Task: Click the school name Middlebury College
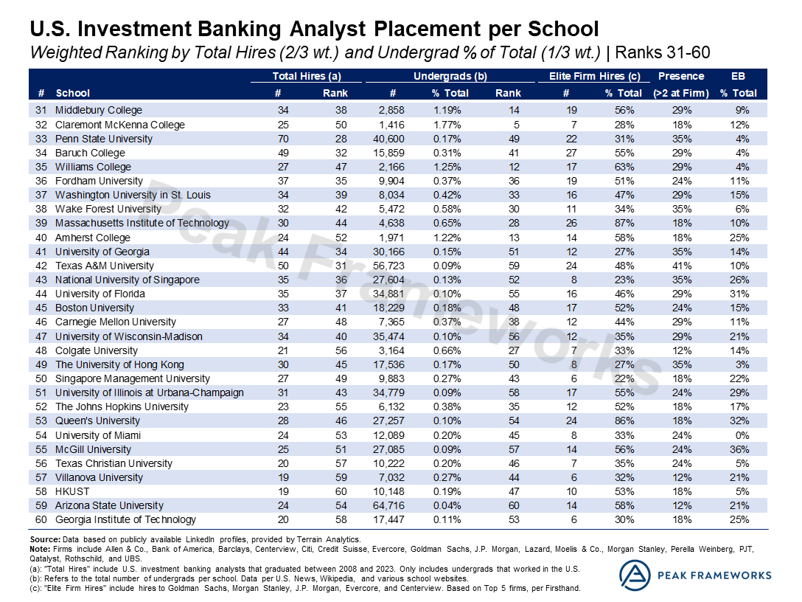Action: pos(99,110)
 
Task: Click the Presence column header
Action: pos(680,76)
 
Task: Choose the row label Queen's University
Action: pos(97,421)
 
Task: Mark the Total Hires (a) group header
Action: pos(306,76)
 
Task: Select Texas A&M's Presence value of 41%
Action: pos(680,266)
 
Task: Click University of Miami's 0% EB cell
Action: pos(742,435)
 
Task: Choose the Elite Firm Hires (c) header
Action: pos(595,76)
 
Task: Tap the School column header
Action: pos(72,93)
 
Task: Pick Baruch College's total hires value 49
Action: pos(283,153)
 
